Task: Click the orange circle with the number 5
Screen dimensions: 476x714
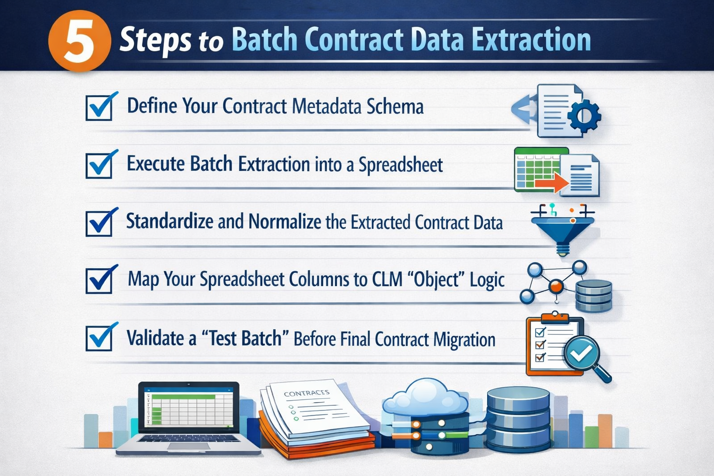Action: click(x=79, y=40)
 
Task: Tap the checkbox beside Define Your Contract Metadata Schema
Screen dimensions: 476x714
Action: click(x=99, y=107)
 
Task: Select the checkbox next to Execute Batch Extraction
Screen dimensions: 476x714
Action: click(x=99, y=165)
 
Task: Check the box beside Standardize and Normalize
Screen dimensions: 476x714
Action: click(x=99, y=223)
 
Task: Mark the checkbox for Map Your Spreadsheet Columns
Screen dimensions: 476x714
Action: click(x=99, y=280)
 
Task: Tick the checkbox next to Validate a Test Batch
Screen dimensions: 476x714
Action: click(x=99, y=338)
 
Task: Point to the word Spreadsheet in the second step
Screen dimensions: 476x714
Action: click(x=400, y=165)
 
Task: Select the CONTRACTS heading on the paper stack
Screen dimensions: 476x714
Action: click(x=306, y=394)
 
